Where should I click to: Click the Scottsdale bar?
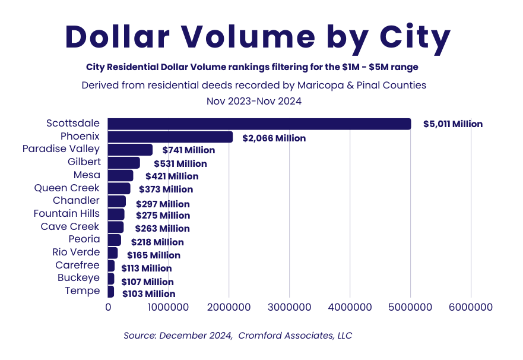coord(259,124)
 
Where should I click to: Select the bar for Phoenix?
coord(170,137)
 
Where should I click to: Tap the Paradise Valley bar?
coord(130,150)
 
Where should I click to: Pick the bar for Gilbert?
coord(123,163)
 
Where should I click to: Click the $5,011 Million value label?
coord(452,124)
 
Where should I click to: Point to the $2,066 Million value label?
coord(274,138)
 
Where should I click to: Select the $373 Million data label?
coord(166,190)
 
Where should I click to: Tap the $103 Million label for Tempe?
coord(148,293)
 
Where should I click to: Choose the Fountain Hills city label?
coord(66,213)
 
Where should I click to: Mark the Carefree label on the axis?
coord(77,265)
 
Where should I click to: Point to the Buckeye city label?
coord(78,277)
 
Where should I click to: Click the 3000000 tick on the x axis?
coord(289,307)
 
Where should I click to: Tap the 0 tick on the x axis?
coord(108,307)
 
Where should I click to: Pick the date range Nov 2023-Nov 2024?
coord(253,101)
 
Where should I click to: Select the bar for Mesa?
coord(121,175)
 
